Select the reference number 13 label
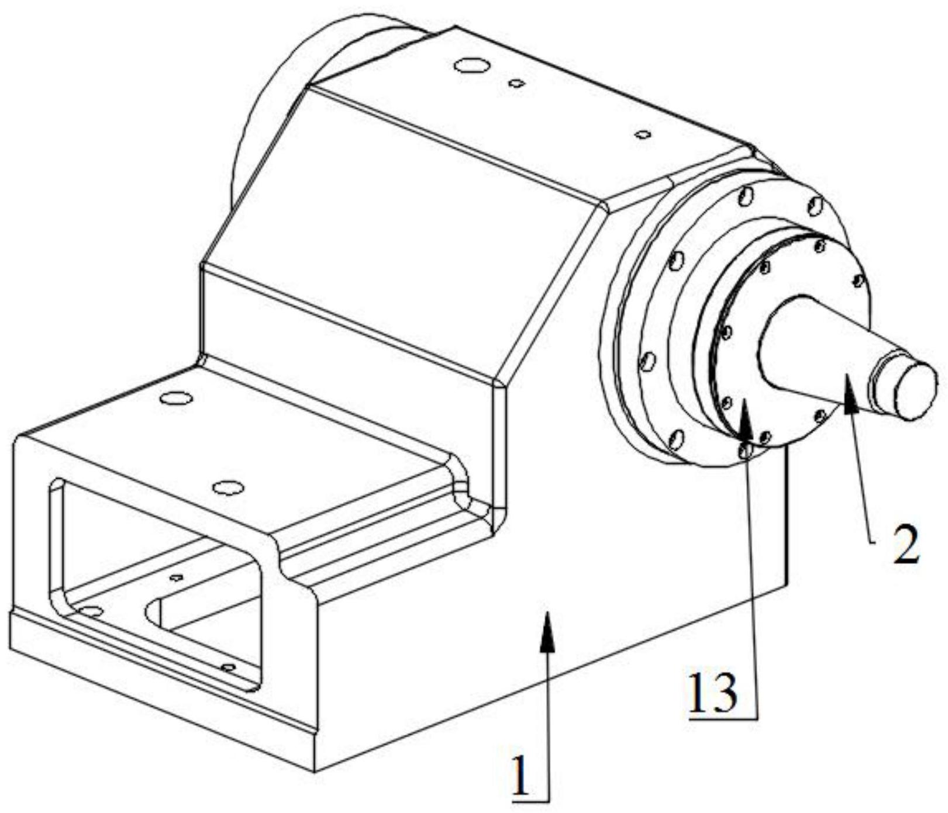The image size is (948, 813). [x=713, y=694]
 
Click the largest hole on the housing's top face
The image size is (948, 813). [x=471, y=65]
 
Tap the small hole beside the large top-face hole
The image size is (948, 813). [x=516, y=84]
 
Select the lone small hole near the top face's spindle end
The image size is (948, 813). [x=643, y=134]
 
